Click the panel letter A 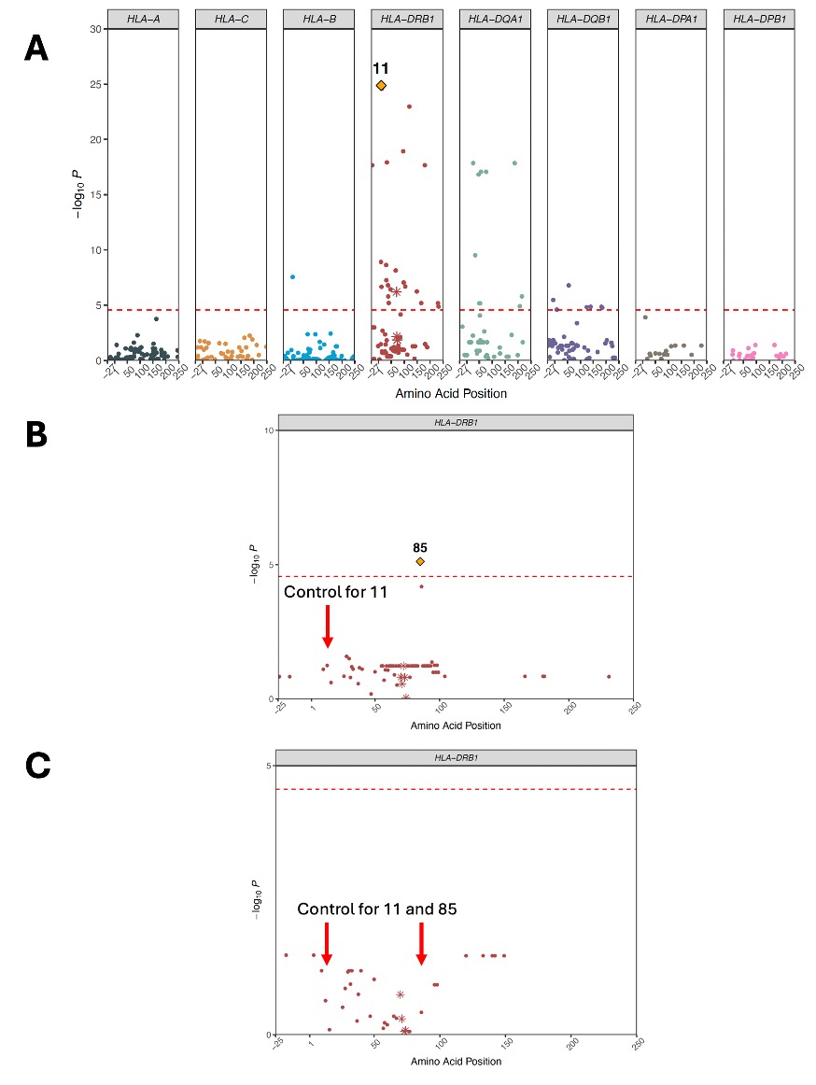[35, 48]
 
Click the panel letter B [35, 434]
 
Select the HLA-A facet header [143, 19]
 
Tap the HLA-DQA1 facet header [495, 19]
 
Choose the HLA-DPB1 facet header [758, 19]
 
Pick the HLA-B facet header [318, 19]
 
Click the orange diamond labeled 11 [381, 85]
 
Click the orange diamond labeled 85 [420, 561]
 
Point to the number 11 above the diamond [381, 68]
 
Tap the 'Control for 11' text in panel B [335, 592]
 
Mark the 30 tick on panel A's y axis [95, 29]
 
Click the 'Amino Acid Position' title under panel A [451, 393]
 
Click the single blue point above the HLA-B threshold [292, 276]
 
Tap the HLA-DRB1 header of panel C [457, 757]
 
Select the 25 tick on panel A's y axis [95, 84]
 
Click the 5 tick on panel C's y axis [270, 766]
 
